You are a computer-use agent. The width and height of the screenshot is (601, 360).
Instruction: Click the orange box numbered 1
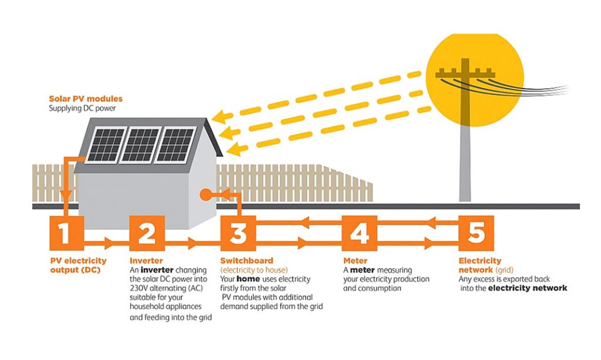click(x=65, y=234)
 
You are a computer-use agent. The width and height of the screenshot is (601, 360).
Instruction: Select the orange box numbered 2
click(x=147, y=234)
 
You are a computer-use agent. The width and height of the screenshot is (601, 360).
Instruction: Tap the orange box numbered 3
click(x=238, y=234)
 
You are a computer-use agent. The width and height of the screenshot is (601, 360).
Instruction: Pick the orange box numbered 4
click(x=359, y=234)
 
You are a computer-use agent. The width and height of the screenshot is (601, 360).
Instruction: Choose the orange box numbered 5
click(x=476, y=234)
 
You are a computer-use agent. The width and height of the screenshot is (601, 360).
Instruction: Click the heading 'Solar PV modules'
click(x=86, y=99)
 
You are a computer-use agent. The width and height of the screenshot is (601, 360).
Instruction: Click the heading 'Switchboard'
click(x=247, y=260)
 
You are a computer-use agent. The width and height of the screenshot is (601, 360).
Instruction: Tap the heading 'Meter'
click(x=355, y=260)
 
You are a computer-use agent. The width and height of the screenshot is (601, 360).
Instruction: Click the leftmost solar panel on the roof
click(x=104, y=145)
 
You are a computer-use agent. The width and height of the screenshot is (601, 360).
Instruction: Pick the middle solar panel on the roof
click(x=140, y=144)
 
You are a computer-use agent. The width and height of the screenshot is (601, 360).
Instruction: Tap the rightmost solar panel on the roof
click(x=175, y=144)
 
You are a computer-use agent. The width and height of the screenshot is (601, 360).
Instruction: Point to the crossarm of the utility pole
click(x=465, y=75)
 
